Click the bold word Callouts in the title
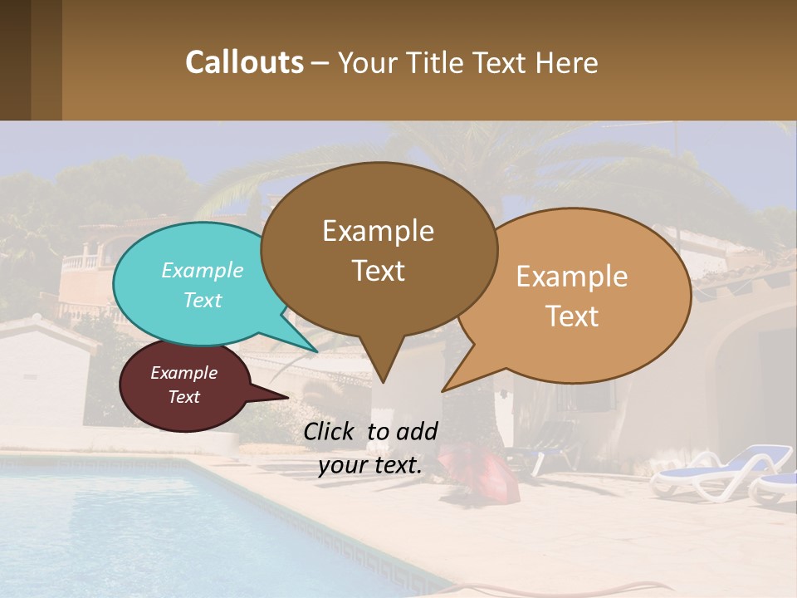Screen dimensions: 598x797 pyautogui.click(x=244, y=62)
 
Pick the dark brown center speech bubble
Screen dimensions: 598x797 pyautogui.click(x=378, y=249)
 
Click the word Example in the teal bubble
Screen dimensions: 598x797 pyautogui.click(x=203, y=271)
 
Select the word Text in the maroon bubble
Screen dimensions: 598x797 pyautogui.click(x=184, y=397)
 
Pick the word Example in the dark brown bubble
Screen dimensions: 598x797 pyautogui.click(x=378, y=231)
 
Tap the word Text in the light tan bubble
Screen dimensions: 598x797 pyautogui.click(x=573, y=316)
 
